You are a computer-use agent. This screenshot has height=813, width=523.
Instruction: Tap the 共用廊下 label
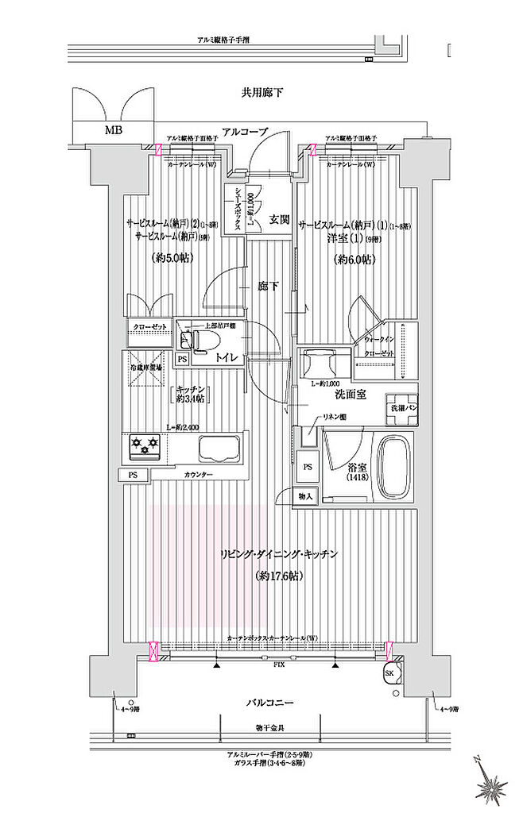[263, 94]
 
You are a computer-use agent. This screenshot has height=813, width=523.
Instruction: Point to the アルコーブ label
[244, 132]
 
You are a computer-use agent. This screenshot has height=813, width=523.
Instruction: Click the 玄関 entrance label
[278, 219]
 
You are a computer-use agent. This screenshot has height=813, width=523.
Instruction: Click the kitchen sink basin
[219, 449]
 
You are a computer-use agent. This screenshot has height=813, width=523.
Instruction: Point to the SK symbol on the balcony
[389, 673]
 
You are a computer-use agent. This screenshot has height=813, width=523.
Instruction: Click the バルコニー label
[269, 703]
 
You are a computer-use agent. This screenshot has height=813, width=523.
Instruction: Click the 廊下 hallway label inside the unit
[267, 287]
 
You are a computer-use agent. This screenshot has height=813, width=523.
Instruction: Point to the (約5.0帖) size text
[170, 257]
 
